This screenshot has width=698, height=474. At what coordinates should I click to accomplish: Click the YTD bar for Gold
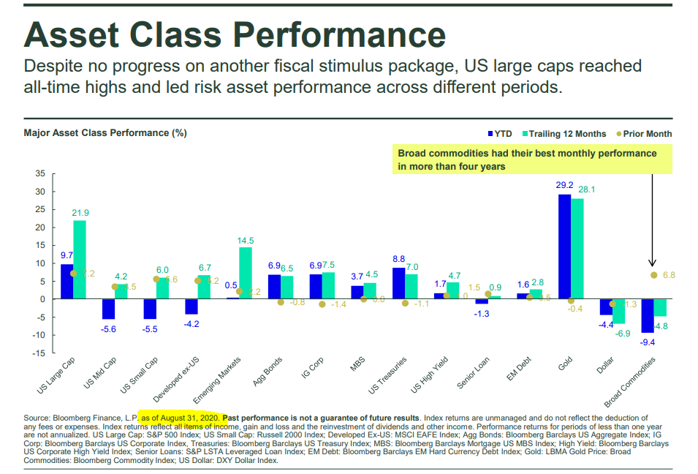pyautogui.click(x=564, y=247)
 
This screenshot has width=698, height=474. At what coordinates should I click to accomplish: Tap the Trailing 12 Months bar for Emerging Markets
pyautogui.click(x=246, y=273)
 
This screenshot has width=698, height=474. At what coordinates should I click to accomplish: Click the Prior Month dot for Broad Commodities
pyautogui.click(x=653, y=275)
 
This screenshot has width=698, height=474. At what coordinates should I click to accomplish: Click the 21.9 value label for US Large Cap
pyautogui.click(x=80, y=212)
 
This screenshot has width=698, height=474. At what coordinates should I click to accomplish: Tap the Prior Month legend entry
pyautogui.click(x=643, y=134)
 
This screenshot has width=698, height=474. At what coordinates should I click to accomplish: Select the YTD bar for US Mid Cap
pyautogui.click(x=107, y=309)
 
